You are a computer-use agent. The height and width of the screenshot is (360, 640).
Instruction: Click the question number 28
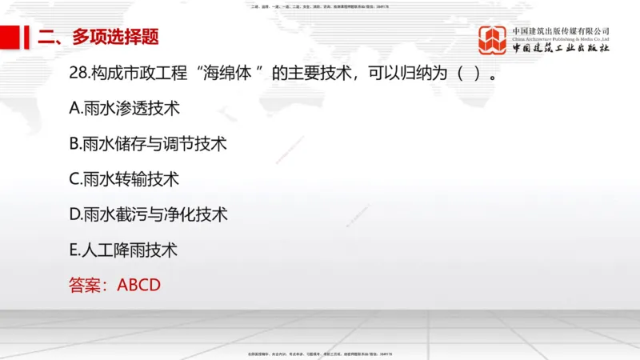pyautogui.click(x=79, y=74)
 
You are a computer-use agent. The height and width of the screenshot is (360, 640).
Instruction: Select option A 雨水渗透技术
pyautogui.click(x=125, y=109)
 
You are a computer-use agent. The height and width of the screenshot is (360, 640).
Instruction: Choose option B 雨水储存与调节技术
pyautogui.click(x=148, y=144)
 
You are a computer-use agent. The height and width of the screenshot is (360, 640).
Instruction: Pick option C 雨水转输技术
pyautogui.click(x=125, y=179)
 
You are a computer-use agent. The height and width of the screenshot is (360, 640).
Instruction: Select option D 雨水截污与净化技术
pyautogui.click(x=149, y=214)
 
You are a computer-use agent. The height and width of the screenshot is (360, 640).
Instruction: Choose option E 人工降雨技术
pyautogui.click(x=124, y=250)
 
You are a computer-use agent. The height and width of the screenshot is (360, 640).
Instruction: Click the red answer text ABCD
pyautogui.click(x=139, y=285)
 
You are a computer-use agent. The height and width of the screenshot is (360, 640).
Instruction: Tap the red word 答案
pyautogui.click(x=86, y=285)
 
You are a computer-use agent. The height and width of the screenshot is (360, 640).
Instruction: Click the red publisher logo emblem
pyautogui.click(x=493, y=40)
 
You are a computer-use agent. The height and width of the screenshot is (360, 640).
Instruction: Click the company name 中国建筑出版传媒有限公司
pyautogui.click(x=561, y=30)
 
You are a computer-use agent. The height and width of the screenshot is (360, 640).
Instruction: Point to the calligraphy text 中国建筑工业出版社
pyautogui.click(x=561, y=49)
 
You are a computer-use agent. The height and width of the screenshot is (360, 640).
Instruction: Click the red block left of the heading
pyautogui.click(x=10, y=37)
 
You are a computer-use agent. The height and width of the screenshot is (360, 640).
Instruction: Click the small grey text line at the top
pyautogui.click(x=320, y=6)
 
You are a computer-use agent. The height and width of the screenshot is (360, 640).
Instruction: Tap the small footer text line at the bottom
pyautogui.click(x=320, y=353)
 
